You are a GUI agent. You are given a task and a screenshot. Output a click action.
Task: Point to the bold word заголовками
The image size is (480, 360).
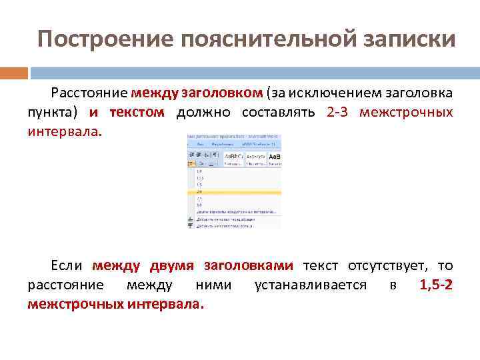[x=248, y=266]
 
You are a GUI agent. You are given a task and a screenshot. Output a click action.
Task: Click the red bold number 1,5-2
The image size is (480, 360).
[x=436, y=285]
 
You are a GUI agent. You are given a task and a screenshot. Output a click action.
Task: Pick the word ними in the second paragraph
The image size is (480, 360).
[x=213, y=285]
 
